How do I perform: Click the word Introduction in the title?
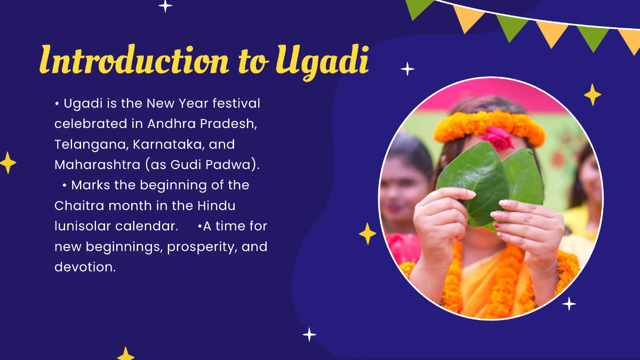click(133, 60)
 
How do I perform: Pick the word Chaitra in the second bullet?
click(78, 206)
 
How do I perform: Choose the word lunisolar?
click(82, 226)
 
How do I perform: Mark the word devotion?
click(85, 267)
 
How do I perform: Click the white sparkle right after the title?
click(407, 69)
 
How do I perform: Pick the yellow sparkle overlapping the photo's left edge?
click(367, 234)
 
